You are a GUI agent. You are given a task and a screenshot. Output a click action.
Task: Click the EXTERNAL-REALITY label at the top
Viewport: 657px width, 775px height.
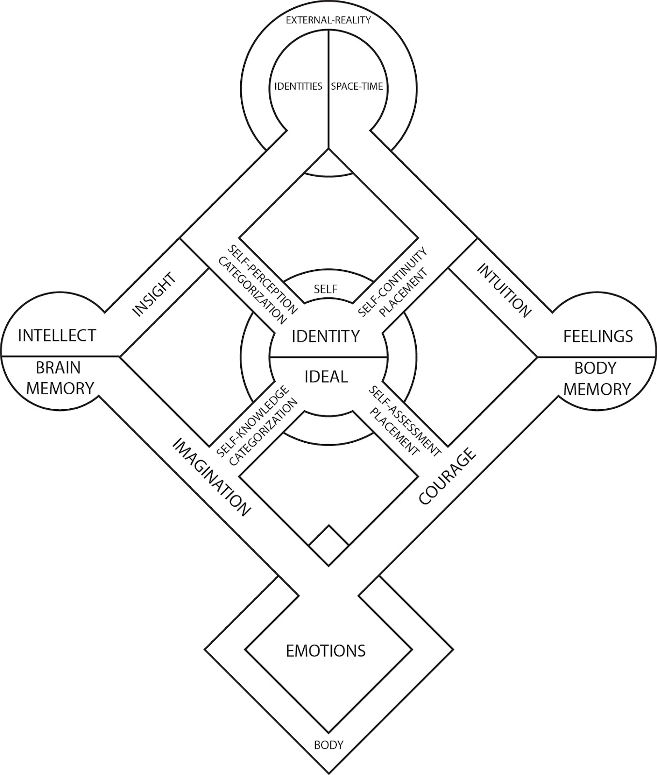[328, 20]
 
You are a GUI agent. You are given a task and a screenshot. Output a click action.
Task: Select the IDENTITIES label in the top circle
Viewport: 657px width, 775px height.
[298, 87]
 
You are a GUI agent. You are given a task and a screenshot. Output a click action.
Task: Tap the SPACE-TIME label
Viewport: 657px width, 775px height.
[357, 87]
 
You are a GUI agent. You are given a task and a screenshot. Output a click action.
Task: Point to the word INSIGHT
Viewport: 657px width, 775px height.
[154, 294]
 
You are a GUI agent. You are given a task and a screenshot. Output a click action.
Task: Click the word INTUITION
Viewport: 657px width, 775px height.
[504, 291]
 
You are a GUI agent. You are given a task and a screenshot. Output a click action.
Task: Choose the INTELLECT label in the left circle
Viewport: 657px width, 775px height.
[57, 335]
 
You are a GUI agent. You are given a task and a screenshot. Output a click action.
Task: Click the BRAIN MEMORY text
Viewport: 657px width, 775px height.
[60, 378]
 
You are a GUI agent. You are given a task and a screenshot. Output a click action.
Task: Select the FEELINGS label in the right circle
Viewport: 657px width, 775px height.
[598, 336]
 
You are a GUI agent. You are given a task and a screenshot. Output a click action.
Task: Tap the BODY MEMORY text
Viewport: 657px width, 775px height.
[597, 378]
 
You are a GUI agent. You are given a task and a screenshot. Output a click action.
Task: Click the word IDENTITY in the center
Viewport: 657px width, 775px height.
[326, 336]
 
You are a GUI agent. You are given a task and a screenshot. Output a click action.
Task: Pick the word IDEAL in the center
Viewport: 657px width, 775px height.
[326, 377]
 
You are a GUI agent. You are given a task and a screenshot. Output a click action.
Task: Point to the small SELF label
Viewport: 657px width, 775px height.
[326, 290]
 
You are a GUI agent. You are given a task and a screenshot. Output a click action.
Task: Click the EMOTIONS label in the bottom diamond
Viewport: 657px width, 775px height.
[326, 651]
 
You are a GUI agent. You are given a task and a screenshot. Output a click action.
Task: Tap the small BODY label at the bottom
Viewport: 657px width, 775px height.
[328, 745]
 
